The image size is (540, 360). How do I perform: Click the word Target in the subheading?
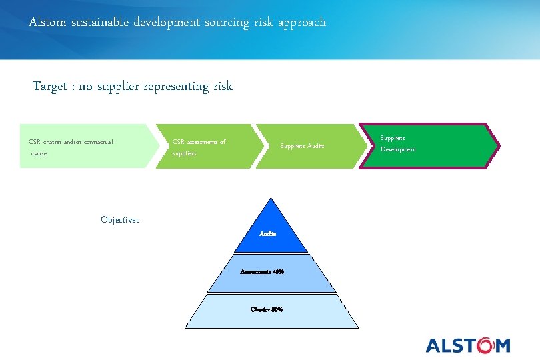click(x=51, y=87)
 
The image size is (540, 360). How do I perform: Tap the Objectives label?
click(x=120, y=220)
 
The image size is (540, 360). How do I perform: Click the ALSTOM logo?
click(x=468, y=345)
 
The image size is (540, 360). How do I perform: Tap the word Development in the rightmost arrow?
click(x=398, y=150)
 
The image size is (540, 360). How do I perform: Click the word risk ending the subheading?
click(x=223, y=87)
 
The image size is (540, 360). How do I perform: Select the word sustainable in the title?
click(x=98, y=23)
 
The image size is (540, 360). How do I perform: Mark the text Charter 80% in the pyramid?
click(x=267, y=309)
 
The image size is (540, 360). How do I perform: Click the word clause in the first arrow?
click(x=39, y=153)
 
